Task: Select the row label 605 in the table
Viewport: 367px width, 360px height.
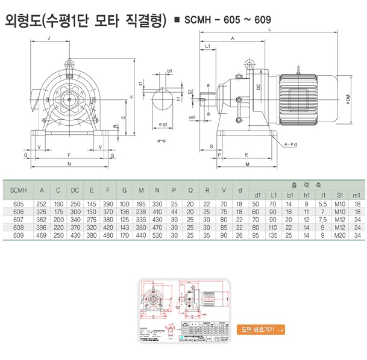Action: click(18, 205)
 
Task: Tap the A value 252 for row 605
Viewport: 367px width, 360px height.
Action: click(42, 205)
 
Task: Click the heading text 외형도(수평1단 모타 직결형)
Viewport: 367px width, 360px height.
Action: click(85, 20)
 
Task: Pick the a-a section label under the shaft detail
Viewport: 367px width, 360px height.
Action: click(162, 140)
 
